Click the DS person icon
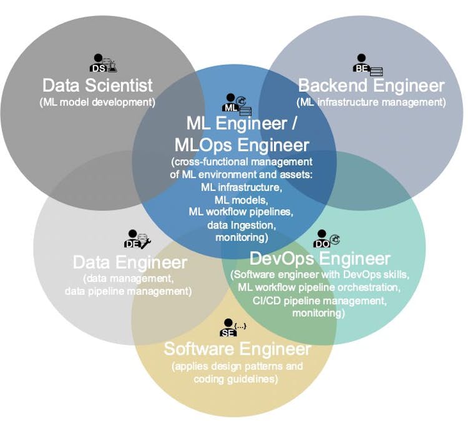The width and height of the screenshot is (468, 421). click(x=103, y=64)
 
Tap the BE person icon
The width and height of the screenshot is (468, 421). click(x=368, y=65)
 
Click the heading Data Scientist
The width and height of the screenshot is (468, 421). click(x=97, y=85)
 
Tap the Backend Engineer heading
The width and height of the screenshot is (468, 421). click(x=371, y=86)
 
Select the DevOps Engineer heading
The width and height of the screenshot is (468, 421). click(x=320, y=258)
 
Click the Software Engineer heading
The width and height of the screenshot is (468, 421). click(x=237, y=348)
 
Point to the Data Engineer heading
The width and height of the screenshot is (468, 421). click(x=130, y=262)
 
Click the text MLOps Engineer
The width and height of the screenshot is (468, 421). click(x=242, y=145)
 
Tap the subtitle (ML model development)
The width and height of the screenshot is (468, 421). click(x=97, y=101)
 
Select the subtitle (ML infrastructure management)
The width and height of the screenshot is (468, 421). click(x=371, y=102)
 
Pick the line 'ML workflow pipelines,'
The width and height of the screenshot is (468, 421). click(x=241, y=212)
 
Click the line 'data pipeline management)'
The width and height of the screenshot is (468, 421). click(x=128, y=290)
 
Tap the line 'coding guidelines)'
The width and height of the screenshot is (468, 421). click(x=236, y=379)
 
